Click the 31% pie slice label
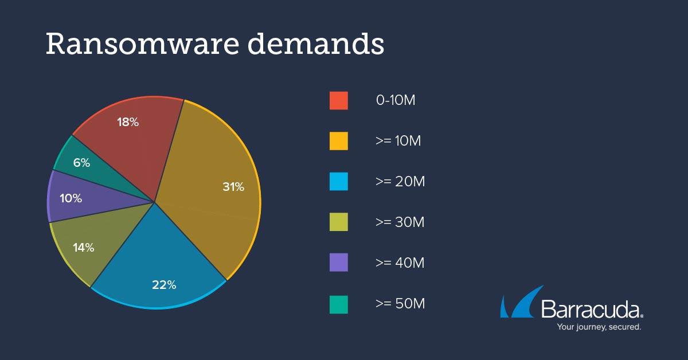[x=233, y=187]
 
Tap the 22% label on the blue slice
[x=164, y=284]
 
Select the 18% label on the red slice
[x=128, y=122]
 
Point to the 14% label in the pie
[x=83, y=248]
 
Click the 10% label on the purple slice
[x=71, y=199]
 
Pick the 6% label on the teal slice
[x=81, y=163]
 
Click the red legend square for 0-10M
[x=339, y=100]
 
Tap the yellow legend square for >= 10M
[x=339, y=141]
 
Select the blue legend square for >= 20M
[x=339, y=182]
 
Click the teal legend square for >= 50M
[x=339, y=304]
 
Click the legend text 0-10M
[x=396, y=100]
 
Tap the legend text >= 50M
[x=400, y=304]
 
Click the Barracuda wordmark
[x=590, y=310]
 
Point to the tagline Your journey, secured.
[x=599, y=327]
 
